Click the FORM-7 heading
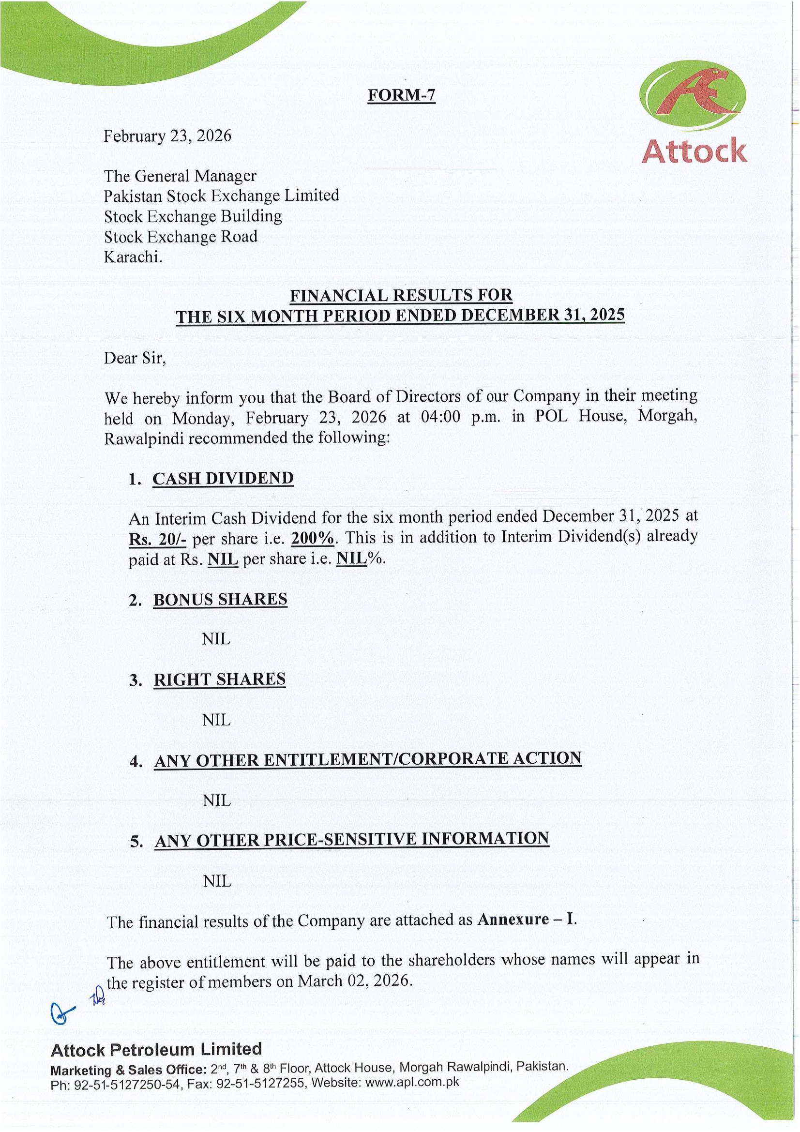[x=401, y=95]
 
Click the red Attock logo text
[x=694, y=151]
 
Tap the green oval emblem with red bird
[x=692, y=94]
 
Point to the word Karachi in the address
[x=132, y=257]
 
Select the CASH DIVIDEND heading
[x=223, y=478]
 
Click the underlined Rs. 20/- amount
[x=157, y=539]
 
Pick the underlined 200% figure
[x=313, y=538]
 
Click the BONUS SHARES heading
[x=220, y=600]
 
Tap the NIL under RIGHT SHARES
[x=216, y=720]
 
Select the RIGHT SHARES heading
[x=219, y=680]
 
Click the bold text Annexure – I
[x=527, y=920]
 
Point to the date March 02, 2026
[x=354, y=981]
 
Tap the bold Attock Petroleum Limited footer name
[x=156, y=1050]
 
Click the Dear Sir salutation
[x=135, y=358]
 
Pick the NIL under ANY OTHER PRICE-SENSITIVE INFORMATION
[x=217, y=881]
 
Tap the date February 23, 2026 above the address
[x=167, y=136]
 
